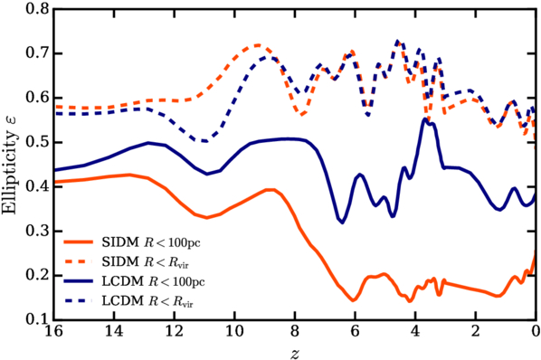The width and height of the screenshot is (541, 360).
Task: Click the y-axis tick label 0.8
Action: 37,9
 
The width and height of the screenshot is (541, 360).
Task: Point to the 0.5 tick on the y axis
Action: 37,142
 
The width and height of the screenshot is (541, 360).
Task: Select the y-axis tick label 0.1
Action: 37,319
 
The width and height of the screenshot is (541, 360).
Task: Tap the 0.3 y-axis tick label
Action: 37,231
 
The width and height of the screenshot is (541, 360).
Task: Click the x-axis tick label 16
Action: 53,331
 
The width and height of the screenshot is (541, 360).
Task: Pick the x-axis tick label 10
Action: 235,331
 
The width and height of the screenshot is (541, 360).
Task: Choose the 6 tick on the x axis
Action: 355,331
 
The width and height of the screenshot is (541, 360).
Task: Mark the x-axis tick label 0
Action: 536,331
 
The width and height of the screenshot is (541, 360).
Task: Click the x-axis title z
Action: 294,354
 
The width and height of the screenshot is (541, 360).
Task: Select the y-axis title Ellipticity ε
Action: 9,166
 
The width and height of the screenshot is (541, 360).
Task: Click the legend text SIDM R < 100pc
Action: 151,242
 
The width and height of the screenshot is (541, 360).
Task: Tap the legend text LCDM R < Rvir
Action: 147,301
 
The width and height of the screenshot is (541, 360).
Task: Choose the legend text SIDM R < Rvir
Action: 146,262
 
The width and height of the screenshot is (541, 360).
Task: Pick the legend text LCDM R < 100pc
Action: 153,281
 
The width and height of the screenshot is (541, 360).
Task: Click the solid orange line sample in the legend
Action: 79,242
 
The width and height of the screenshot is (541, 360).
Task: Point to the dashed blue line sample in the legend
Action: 79,301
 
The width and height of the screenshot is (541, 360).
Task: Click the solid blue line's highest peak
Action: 425,119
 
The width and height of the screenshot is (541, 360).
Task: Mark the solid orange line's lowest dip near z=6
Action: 353,300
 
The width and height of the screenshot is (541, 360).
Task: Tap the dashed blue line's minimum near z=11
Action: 205,141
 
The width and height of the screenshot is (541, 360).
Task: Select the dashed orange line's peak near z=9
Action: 258,45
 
